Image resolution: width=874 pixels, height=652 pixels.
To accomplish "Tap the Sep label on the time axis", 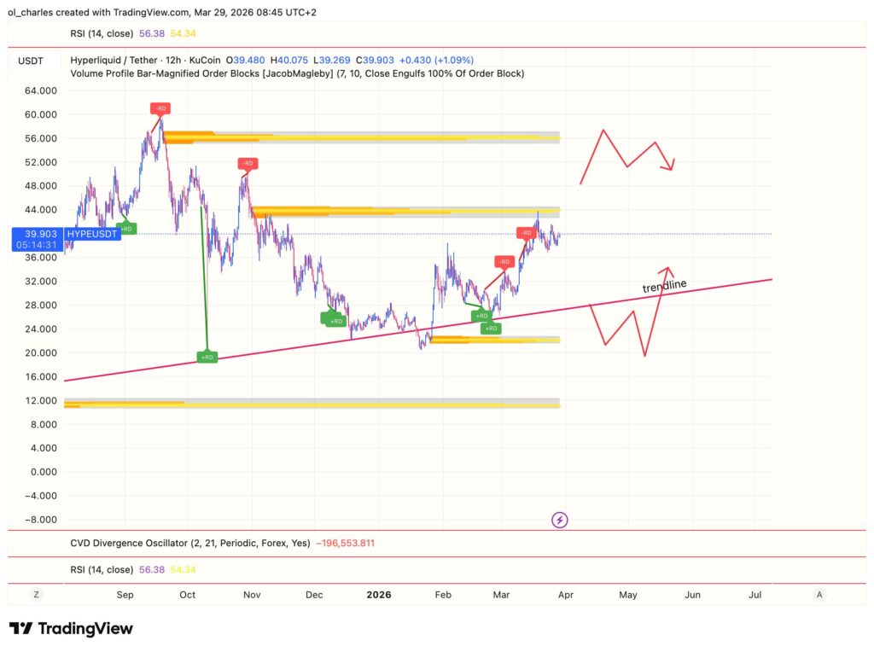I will tap(125, 594).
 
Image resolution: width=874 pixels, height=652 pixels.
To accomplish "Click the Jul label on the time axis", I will tap(755, 594).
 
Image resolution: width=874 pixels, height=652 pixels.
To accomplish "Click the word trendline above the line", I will tap(664, 287).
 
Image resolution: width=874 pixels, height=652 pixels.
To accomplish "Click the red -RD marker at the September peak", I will tap(160, 108).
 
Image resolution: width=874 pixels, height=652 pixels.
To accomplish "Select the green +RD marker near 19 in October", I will tap(207, 358).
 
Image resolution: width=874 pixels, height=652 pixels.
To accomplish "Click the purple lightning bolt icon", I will tap(560, 519).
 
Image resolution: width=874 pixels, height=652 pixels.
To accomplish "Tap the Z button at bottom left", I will tap(36, 594).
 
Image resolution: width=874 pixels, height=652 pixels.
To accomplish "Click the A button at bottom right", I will tap(819, 594).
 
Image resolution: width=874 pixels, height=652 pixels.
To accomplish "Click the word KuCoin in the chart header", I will tap(205, 61).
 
